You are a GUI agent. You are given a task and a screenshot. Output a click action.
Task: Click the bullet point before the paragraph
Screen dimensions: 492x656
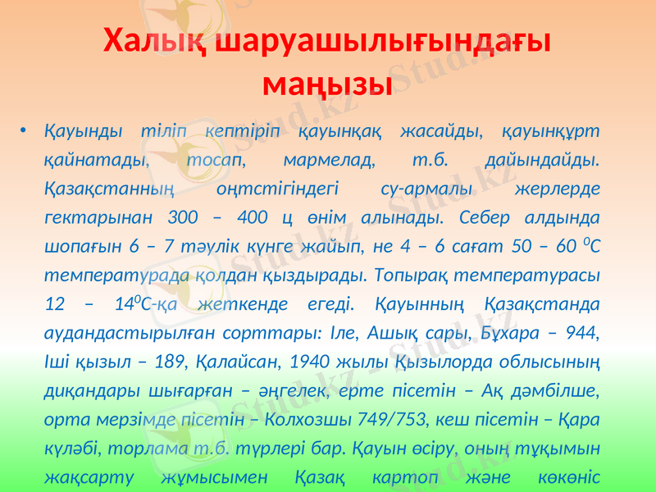pyautogui.click(x=25, y=131)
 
